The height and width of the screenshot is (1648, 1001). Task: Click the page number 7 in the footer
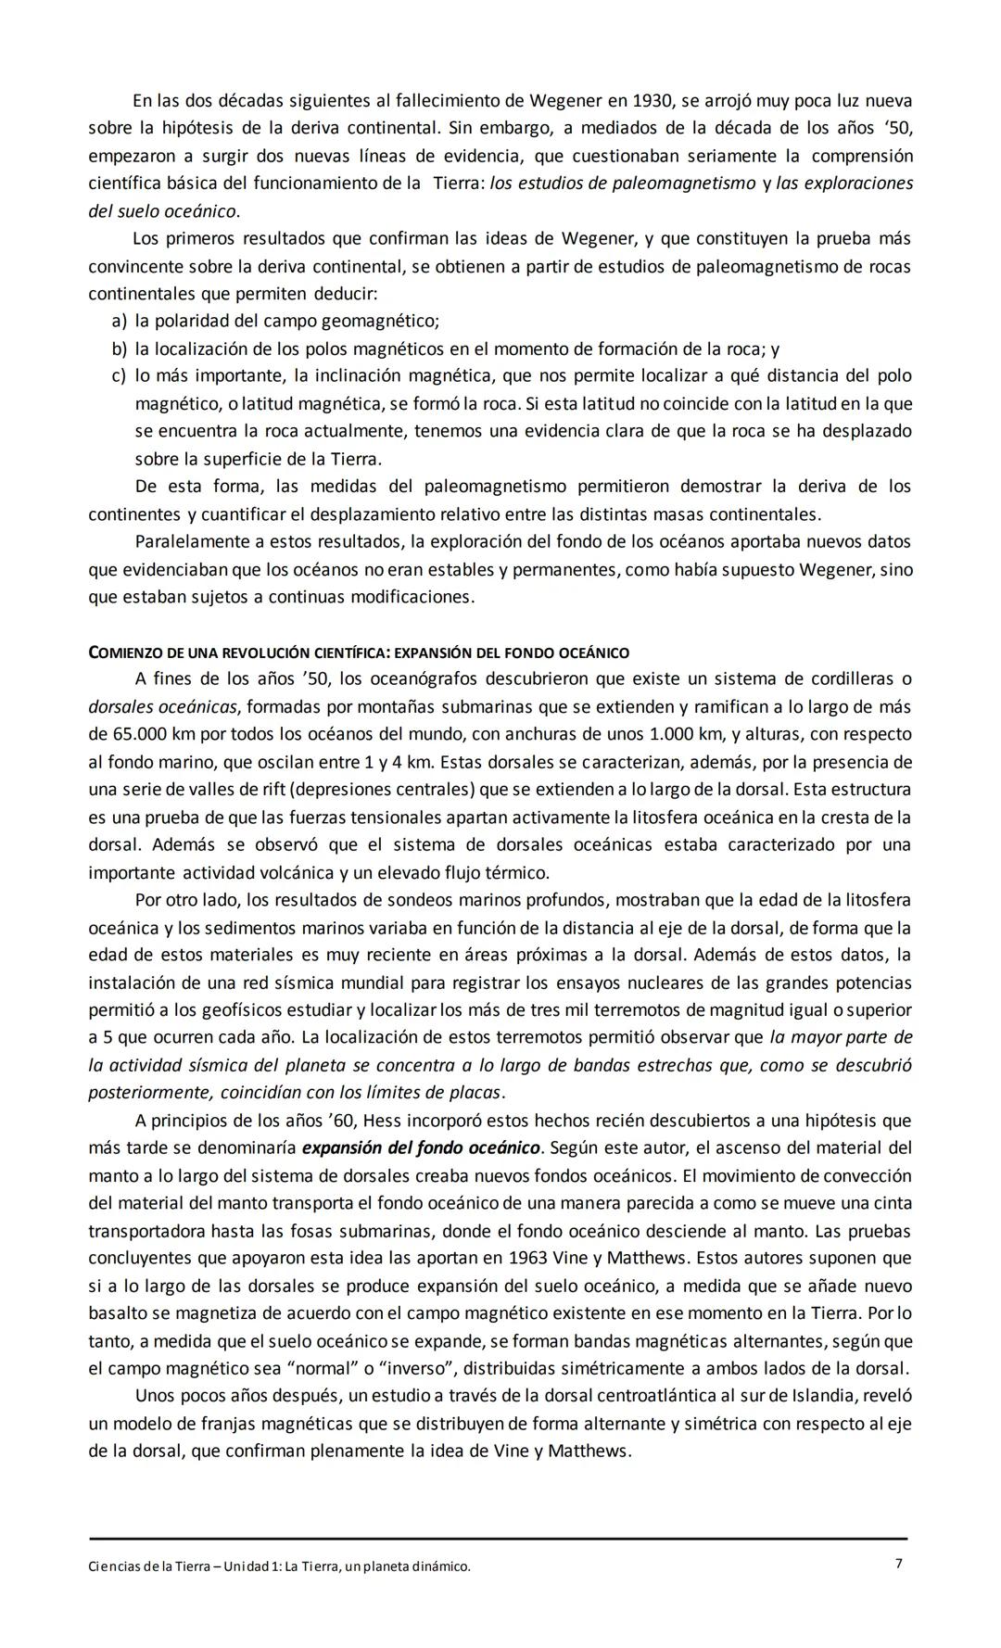898,1564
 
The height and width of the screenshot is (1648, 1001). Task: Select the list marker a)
119,322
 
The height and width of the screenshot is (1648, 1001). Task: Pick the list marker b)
119,349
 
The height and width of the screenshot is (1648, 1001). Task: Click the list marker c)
119,376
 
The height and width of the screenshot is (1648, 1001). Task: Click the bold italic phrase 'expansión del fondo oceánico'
421,1147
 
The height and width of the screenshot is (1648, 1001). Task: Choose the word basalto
118,1313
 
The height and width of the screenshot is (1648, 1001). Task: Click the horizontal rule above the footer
498,1539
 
